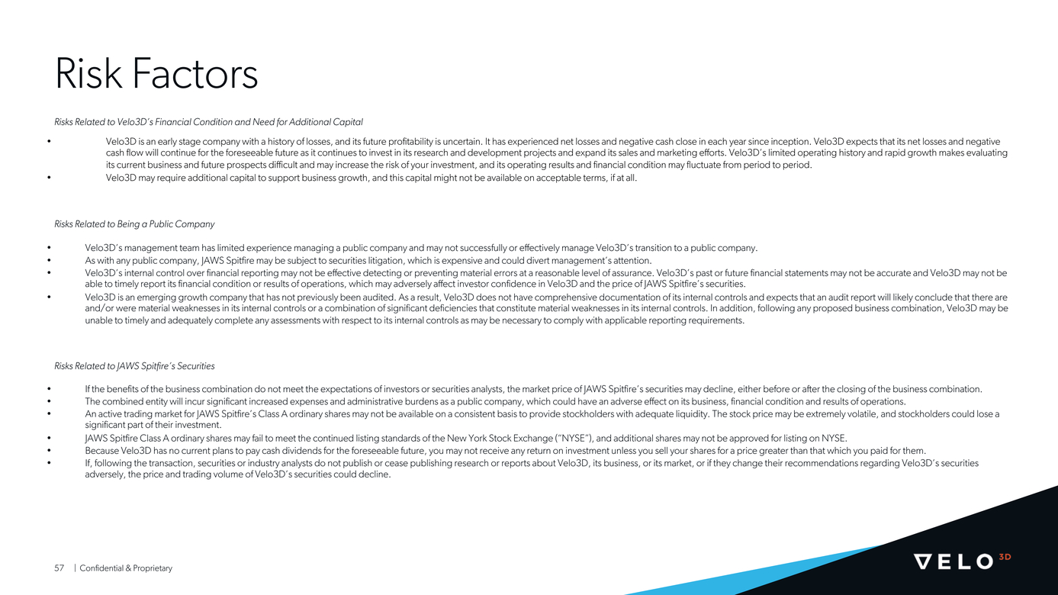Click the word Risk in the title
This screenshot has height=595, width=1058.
(x=88, y=75)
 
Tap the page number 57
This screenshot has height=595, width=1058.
(x=59, y=568)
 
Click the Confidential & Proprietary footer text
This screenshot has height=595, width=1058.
(x=126, y=568)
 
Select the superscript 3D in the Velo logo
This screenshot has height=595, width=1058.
(x=1005, y=557)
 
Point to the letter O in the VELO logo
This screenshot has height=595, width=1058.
(x=984, y=562)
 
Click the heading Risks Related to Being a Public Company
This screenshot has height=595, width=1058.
(x=134, y=224)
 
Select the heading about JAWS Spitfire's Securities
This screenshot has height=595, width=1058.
(x=134, y=366)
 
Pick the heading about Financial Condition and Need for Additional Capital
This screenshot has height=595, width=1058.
(x=208, y=122)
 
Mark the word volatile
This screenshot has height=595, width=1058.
(x=852, y=413)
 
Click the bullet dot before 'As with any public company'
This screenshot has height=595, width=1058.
(x=49, y=260)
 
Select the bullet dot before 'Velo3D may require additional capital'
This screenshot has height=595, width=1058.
(x=49, y=178)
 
